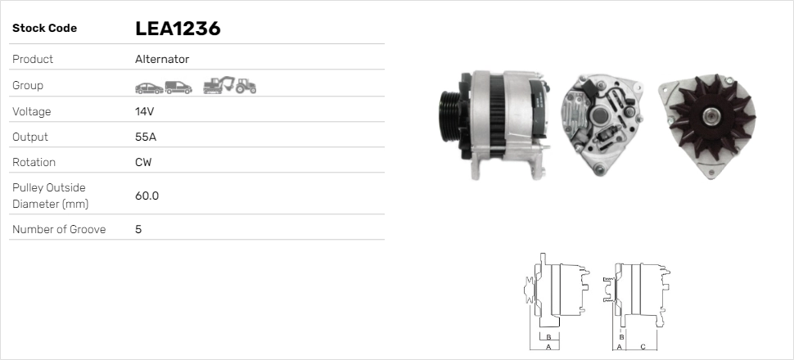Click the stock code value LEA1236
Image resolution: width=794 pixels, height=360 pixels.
click(178, 29)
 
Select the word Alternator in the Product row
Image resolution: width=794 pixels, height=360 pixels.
click(162, 59)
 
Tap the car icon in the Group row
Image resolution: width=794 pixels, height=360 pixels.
click(148, 86)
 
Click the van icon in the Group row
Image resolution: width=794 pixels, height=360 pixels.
click(178, 86)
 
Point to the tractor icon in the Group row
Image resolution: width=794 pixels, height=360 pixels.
click(246, 85)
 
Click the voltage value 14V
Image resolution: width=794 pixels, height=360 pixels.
click(144, 111)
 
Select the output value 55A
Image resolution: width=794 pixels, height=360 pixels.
click(146, 137)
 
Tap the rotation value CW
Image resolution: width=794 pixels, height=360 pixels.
click(143, 162)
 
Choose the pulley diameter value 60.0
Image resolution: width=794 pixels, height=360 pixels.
click(147, 196)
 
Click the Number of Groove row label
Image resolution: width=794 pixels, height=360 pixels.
click(59, 229)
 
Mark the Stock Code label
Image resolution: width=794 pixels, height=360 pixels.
click(44, 29)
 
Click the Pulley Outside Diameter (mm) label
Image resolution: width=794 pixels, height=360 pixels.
click(50, 196)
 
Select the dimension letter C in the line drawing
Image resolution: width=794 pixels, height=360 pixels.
click(643, 347)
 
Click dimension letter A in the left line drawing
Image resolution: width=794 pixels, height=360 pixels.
click(548, 347)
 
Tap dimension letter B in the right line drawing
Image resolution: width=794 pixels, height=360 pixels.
click(622, 336)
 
